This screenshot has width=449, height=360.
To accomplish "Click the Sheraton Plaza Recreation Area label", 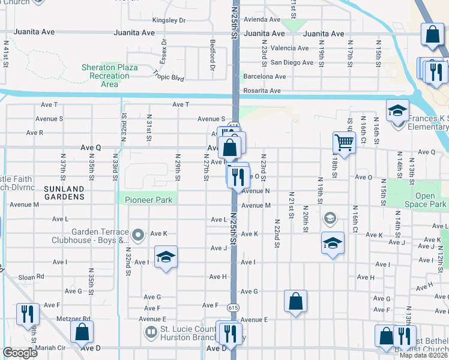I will coord(110,76).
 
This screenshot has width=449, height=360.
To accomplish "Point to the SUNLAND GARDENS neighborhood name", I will coord(64,193).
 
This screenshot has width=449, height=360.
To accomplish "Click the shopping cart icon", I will coord(344,143).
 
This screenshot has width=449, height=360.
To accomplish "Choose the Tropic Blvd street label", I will coord(168,76).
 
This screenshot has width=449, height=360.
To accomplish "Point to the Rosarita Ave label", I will coord(261,91).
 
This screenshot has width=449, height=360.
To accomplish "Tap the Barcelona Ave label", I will coord(264,77).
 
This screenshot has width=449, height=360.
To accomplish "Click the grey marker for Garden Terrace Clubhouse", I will coord(139,235).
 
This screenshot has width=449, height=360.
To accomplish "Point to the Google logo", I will coord(20,353).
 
